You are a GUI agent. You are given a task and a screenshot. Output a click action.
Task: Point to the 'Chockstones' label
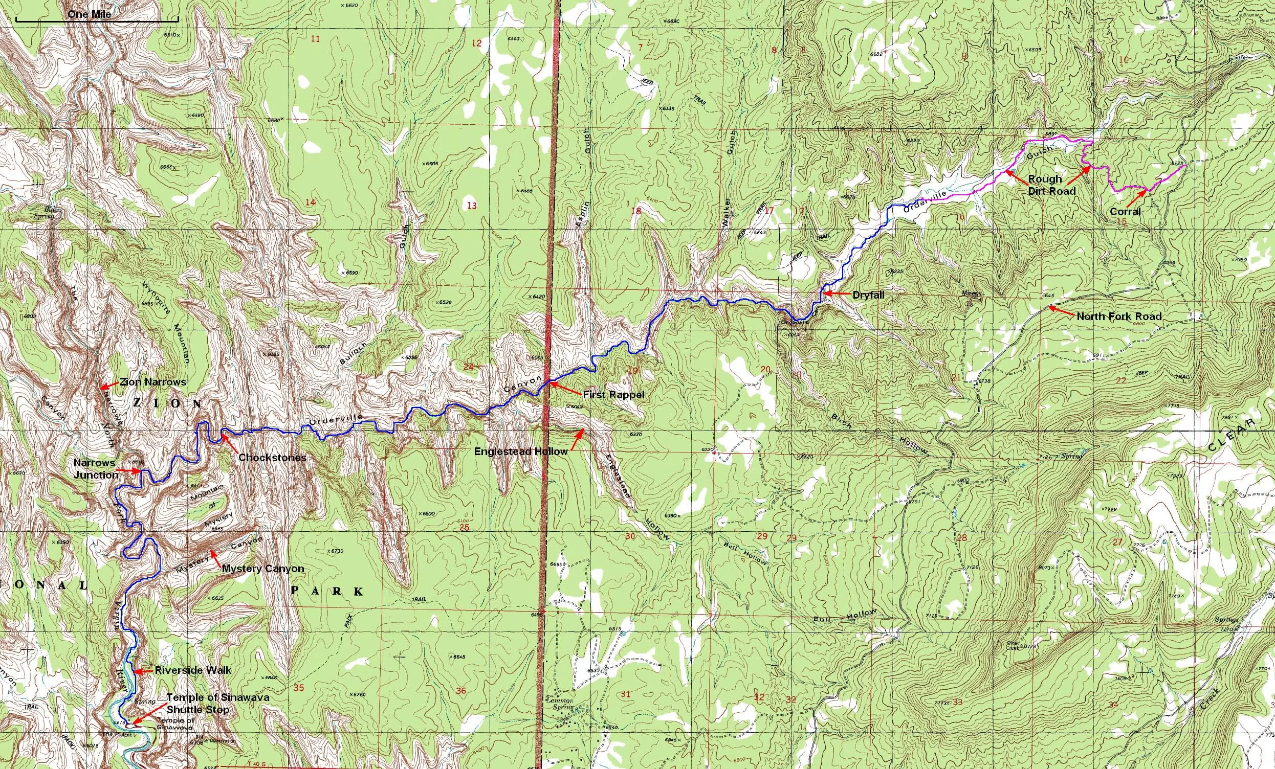[272, 457]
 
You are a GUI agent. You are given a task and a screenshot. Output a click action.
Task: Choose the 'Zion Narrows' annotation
[152, 382]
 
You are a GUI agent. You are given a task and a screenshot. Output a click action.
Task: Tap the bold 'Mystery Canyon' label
[263, 569]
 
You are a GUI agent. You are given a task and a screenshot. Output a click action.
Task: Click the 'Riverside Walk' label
[193, 670]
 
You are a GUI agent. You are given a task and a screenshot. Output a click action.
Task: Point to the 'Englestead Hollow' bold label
[521, 451]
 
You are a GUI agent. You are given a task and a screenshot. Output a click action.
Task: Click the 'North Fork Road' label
[1119, 316]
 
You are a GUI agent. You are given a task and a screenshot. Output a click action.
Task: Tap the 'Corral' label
[1125, 212]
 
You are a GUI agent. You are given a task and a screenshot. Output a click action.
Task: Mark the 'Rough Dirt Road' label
[1045, 185]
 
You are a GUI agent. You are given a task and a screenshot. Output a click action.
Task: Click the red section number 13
[471, 206]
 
